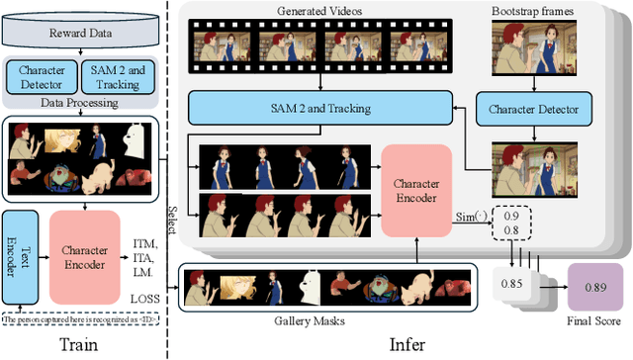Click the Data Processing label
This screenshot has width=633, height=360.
(x=81, y=102)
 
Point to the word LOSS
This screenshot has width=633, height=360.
(x=144, y=294)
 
